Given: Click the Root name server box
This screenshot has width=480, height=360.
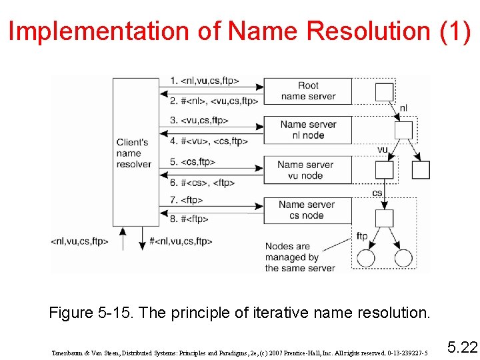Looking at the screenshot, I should tap(308, 91).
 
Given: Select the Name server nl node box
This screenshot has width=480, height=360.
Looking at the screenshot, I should tap(308, 129).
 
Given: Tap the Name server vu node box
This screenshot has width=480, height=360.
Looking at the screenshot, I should tap(308, 170).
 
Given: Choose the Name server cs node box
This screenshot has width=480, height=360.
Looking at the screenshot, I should tap(308, 210).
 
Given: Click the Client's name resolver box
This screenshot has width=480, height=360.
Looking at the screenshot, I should tap(135, 153).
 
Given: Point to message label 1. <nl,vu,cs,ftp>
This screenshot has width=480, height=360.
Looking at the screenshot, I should tap(204, 81).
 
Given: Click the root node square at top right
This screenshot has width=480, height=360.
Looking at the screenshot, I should tap(385, 92).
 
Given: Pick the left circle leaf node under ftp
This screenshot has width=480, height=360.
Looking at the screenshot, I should tap(366, 257).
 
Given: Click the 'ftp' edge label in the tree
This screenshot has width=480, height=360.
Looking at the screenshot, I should tap(362, 237).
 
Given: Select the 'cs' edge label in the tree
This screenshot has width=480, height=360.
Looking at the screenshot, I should tap(377, 193).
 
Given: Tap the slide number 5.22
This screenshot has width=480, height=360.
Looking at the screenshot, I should tap(463, 347).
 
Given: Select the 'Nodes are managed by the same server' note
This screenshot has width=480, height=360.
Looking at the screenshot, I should tap(299, 257).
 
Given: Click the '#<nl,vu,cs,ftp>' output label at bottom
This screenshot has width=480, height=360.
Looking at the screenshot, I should tap(181, 241).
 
